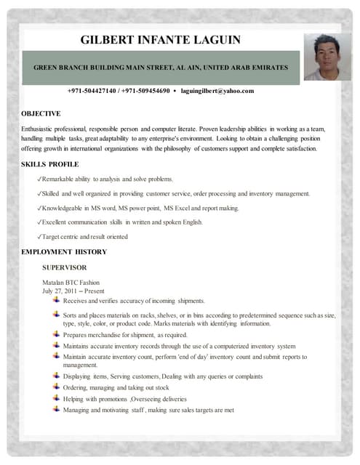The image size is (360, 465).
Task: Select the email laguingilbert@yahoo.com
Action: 217,91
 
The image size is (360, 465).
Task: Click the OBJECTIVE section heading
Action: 41,113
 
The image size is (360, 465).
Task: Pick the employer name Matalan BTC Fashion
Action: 71,282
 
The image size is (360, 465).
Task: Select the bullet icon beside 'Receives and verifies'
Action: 57,299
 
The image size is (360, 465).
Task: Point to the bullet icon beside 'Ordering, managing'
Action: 57,387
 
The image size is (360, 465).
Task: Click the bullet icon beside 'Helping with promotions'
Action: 57,398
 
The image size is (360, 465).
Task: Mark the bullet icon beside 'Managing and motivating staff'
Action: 57,409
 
